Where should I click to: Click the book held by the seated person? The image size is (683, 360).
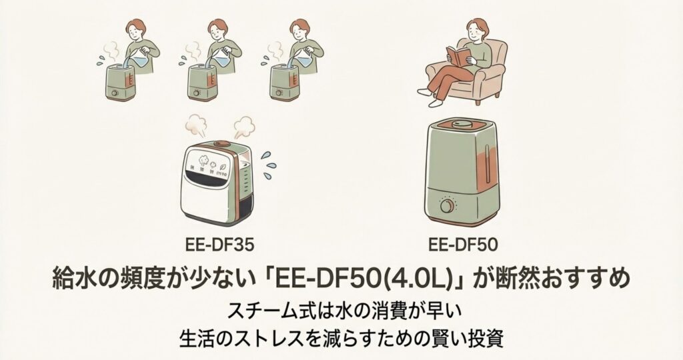point(460,55)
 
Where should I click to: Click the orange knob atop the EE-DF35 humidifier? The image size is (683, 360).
point(222,143)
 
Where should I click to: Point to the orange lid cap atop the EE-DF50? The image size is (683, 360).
point(464,123)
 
